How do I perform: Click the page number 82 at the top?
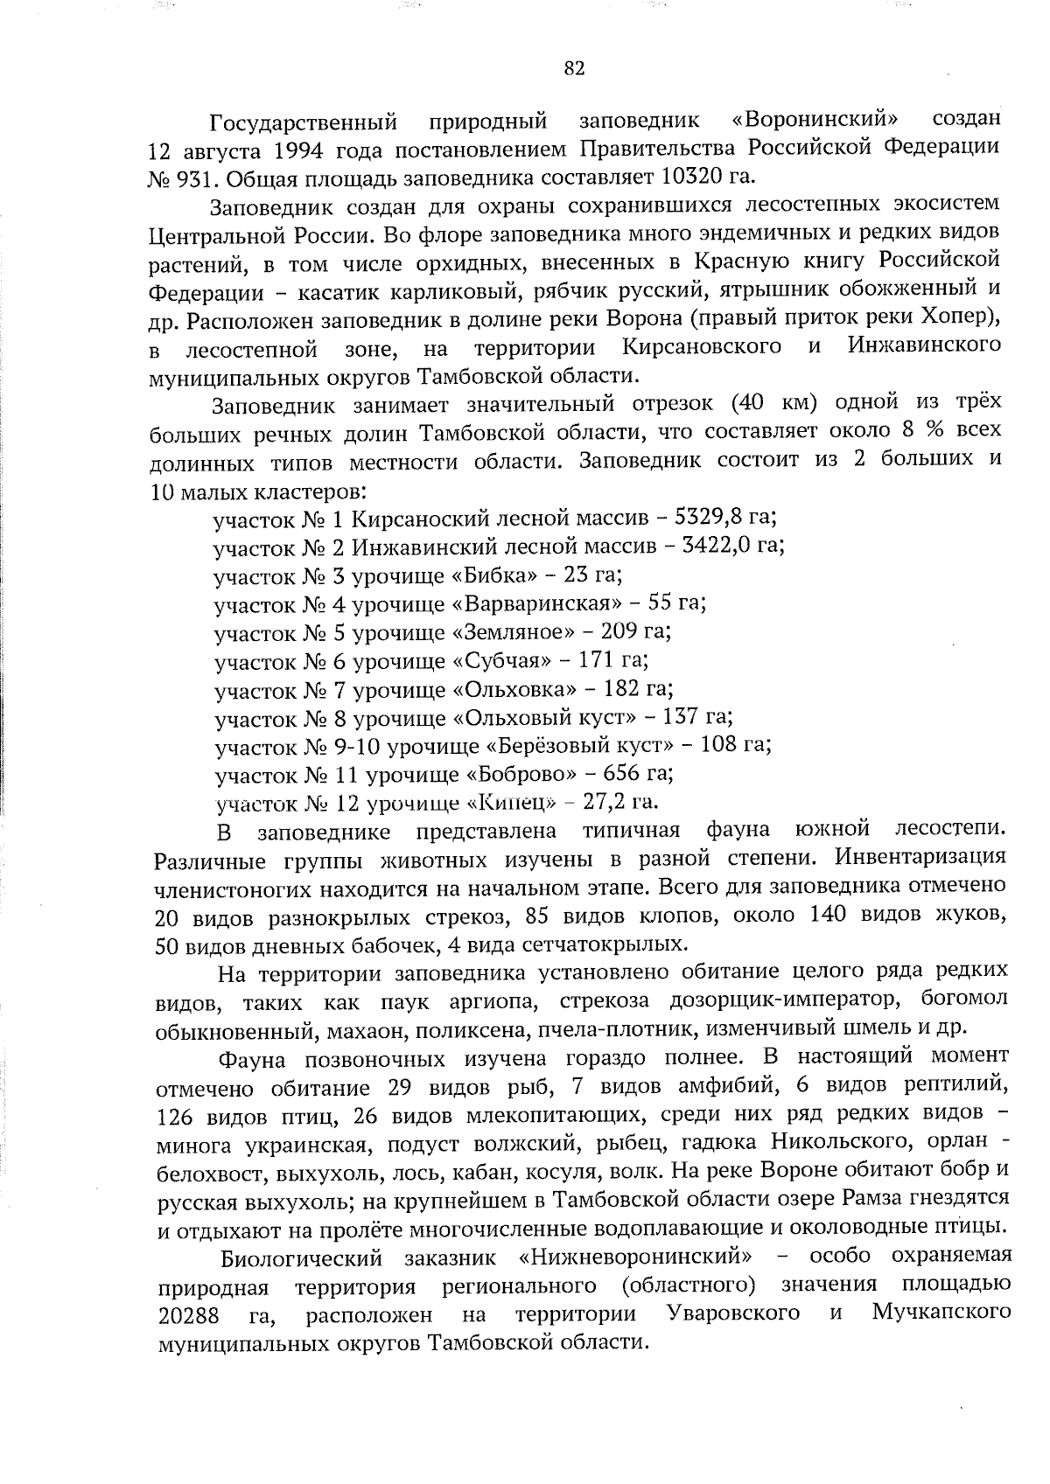(x=574, y=70)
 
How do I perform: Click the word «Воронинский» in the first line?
(x=815, y=118)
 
